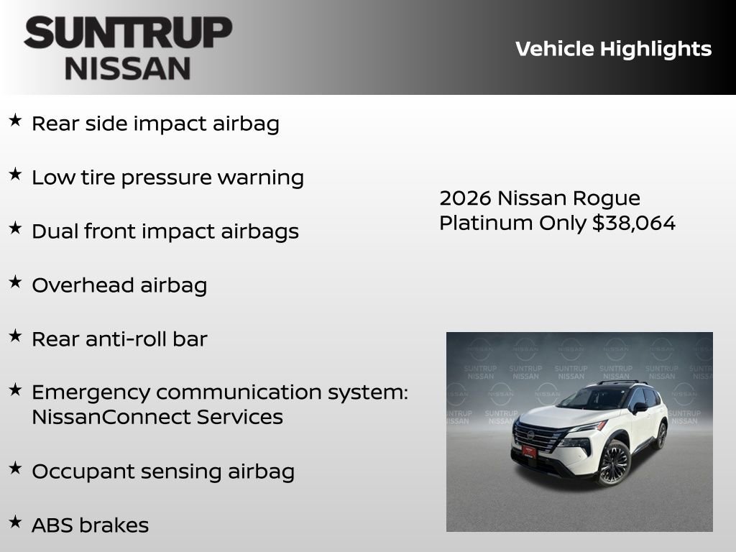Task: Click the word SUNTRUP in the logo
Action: [x=128, y=33]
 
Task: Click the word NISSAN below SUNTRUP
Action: [x=128, y=68]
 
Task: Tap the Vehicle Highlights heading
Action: [x=613, y=49]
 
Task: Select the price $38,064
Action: [x=634, y=223]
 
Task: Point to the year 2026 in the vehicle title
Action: [x=465, y=198]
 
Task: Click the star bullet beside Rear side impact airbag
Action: [x=15, y=121]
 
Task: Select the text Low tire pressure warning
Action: [x=167, y=178]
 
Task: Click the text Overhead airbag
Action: [x=119, y=285]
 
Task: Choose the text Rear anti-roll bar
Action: [x=119, y=339]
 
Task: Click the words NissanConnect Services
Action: [x=157, y=417]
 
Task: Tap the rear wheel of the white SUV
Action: [x=661, y=436]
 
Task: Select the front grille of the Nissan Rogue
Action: [x=536, y=436]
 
